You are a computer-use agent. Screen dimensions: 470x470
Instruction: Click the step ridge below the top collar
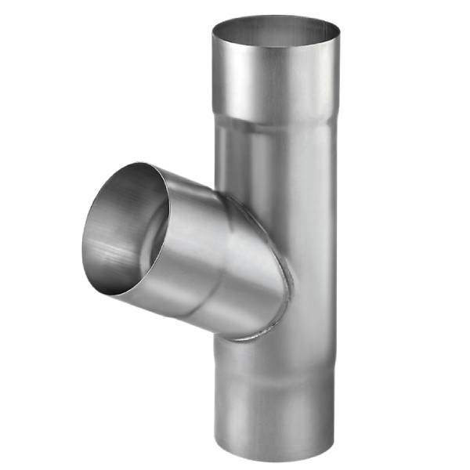point(276,121)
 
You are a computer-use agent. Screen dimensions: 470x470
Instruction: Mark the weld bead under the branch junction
point(251,337)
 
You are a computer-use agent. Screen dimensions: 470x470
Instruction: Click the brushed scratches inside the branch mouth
point(117,251)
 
